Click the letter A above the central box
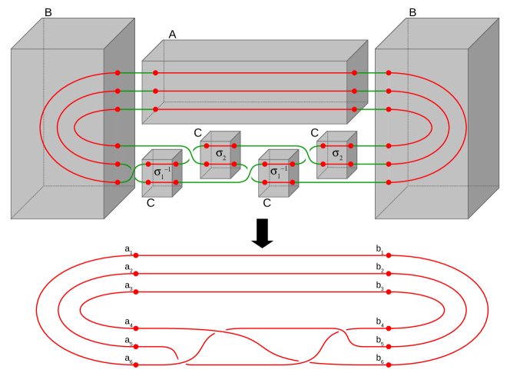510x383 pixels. [173, 34]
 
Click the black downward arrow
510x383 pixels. [263, 233]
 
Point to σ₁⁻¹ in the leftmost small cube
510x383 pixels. [162, 172]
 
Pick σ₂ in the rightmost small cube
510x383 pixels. [337, 154]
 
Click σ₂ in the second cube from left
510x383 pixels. [220, 154]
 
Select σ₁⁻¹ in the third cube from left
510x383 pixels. [279, 171]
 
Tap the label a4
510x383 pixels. [128, 321]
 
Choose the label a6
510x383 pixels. [128, 358]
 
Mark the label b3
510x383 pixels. [379, 285]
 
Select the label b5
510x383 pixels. [379, 340]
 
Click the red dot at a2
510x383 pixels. [136, 273]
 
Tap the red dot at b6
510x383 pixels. [389, 364]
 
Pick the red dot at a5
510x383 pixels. [136, 346]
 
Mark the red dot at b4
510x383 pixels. [389, 328]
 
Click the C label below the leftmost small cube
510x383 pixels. [151, 204]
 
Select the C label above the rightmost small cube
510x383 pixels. [315, 133]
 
